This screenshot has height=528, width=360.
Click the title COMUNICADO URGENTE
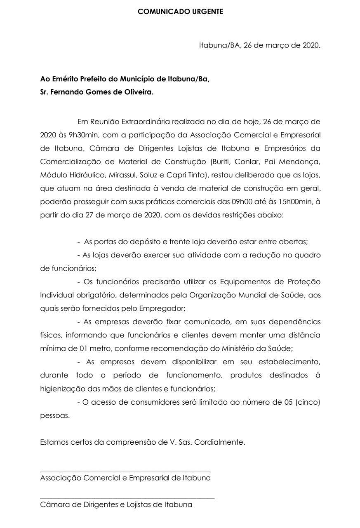pos(180,12)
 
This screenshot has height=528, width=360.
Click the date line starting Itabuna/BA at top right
pos(259,45)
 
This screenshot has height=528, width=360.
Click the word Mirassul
pos(124,175)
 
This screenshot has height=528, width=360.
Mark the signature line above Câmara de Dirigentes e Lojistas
pos(127,499)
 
